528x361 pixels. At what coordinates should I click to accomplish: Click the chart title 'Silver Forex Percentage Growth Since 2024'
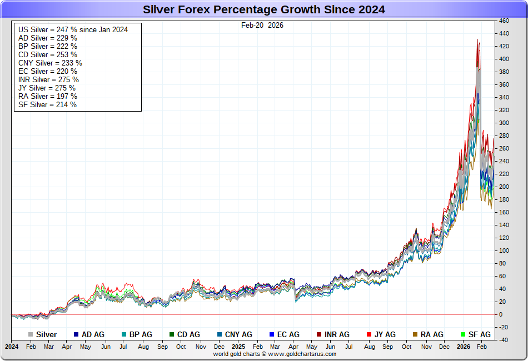tap(264, 9)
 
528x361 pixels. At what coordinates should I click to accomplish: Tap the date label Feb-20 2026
tap(262, 25)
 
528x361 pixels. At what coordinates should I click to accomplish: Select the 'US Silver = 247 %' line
tap(73, 29)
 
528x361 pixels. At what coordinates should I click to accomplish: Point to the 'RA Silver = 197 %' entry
tap(48, 96)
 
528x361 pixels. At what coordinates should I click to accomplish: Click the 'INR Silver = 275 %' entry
tap(48, 79)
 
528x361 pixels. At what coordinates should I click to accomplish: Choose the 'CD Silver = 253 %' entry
tap(48, 54)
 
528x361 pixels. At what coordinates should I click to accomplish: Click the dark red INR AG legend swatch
tap(319, 334)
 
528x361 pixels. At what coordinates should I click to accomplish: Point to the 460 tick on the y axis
tap(504, 21)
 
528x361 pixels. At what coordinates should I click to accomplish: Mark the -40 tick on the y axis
tap(503, 340)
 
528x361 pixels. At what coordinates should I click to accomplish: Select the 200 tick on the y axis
tap(504, 187)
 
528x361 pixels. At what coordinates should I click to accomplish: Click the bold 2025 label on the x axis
tap(238, 347)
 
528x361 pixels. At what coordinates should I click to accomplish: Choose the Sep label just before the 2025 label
tap(162, 347)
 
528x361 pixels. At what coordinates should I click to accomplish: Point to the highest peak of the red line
tap(476, 39)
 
